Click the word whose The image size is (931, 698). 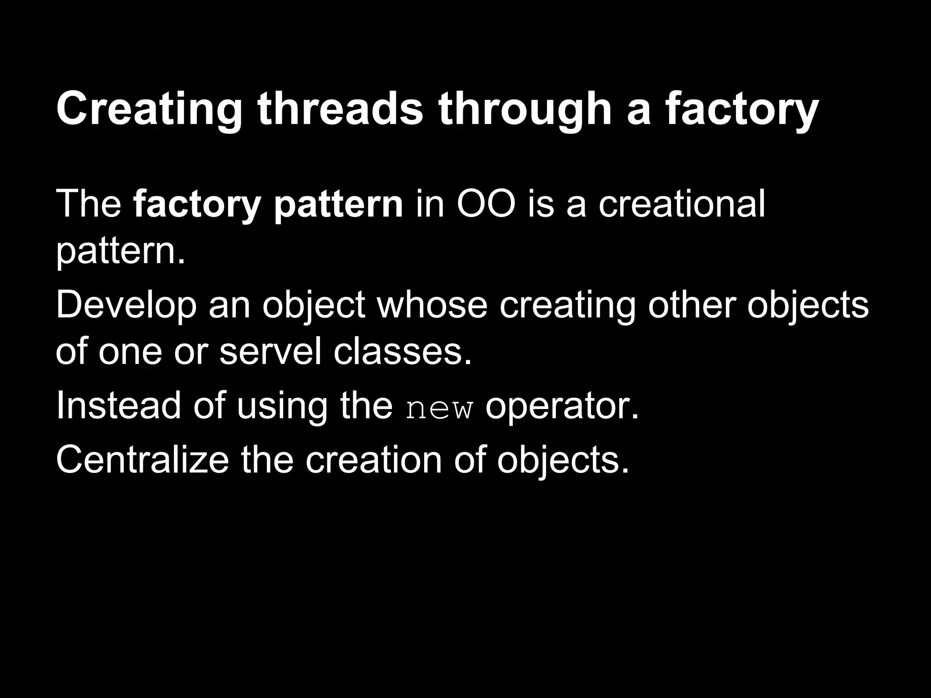coord(432,305)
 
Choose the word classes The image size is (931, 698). coord(403,351)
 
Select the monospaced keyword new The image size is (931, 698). coord(439,409)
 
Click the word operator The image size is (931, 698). coord(562,407)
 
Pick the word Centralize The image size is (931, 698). coord(142,460)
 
